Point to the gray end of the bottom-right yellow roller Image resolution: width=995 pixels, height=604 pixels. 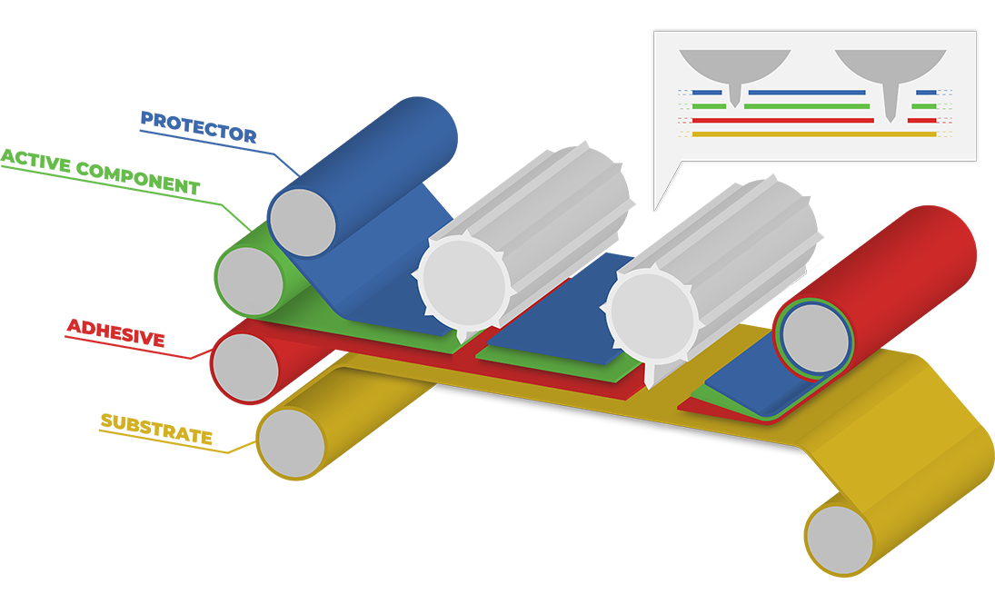click(840, 537)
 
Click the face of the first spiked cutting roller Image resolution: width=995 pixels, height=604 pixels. click(462, 278)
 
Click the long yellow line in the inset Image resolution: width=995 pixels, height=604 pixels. click(813, 134)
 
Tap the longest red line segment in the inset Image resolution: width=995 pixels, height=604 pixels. click(781, 120)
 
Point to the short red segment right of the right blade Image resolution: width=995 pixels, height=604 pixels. click(921, 120)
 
